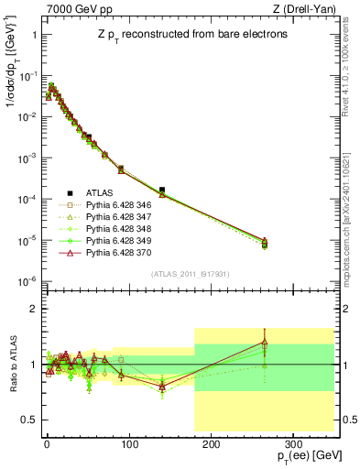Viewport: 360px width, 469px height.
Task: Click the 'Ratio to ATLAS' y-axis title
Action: tap(12, 365)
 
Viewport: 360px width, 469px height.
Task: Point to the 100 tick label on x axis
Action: tap(128, 442)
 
